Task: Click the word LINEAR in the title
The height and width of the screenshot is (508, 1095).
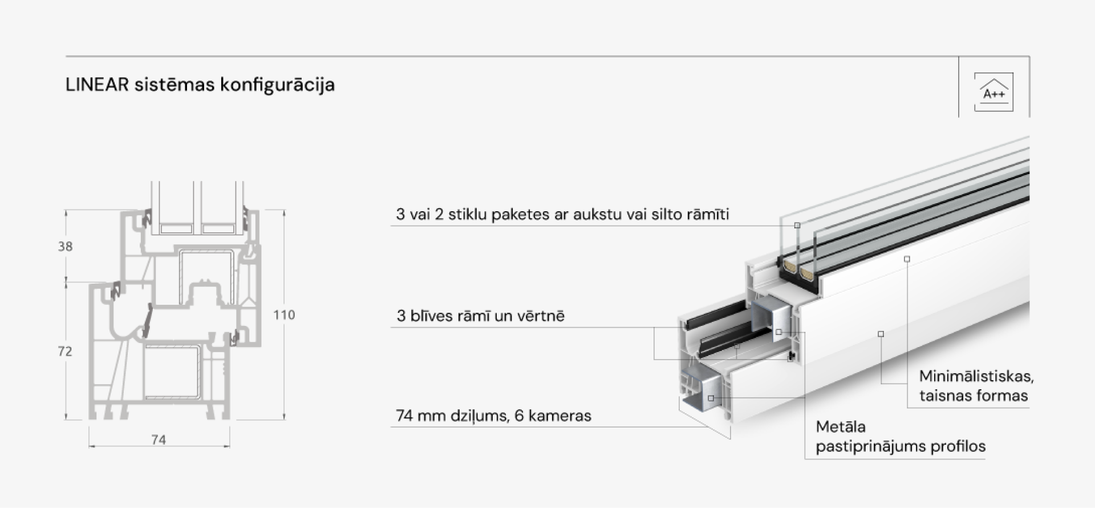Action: pyautogui.click(x=97, y=84)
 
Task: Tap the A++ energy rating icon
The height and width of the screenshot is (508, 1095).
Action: pyautogui.click(x=993, y=91)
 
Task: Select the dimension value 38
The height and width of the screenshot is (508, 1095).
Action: pyautogui.click(x=65, y=247)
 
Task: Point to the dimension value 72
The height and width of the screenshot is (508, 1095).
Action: pyautogui.click(x=65, y=352)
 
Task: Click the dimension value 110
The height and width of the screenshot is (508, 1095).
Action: pyautogui.click(x=284, y=315)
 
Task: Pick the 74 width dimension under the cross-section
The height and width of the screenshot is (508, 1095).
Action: pyautogui.click(x=159, y=440)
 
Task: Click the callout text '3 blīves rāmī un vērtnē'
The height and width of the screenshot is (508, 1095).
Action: pyautogui.click(x=480, y=316)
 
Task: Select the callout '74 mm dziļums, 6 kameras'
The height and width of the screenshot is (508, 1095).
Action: pyautogui.click(x=493, y=416)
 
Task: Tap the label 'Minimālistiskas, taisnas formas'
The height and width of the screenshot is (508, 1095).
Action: pyautogui.click(x=976, y=386)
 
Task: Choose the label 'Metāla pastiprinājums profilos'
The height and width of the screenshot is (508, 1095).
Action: pyautogui.click(x=901, y=437)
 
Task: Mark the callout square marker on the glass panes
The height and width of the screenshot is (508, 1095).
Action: pyautogui.click(x=797, y=225)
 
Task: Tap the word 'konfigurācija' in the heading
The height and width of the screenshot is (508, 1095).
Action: pyautogui.click(x=277, y=85)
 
